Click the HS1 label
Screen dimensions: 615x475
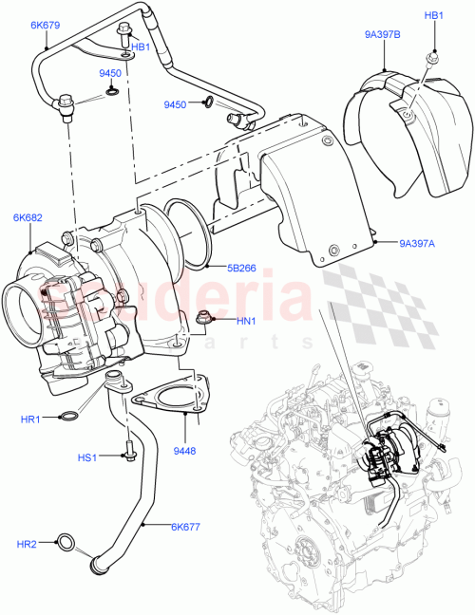pos(87,457)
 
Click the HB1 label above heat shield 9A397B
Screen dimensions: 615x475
pos(433,16)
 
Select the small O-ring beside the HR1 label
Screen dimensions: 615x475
pos(69,417)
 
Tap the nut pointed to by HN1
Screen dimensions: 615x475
pos(201,318)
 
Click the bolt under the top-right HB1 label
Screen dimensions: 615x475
pos(432,58)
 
